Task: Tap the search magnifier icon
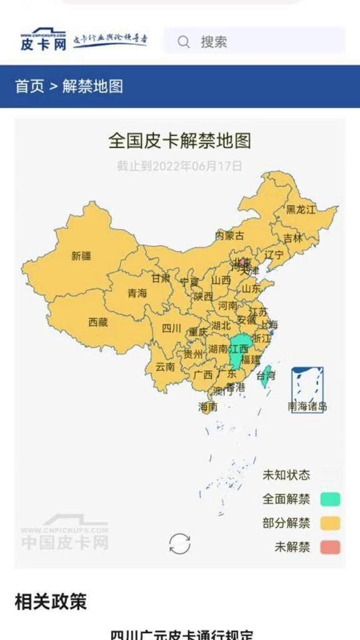pos(184,42)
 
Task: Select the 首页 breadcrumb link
pos(29,86)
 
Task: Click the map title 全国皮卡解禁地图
pos(179,141)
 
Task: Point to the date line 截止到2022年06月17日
pos(179,166)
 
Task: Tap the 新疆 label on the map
pos(81,256)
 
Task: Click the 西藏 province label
pos(97,322)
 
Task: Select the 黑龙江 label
pos(301,209)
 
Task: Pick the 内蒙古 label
pos(229,236)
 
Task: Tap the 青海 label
pos(137,293)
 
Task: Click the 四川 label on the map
pos(171,328)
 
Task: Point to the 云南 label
pos(165,367)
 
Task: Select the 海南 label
pos(207,407)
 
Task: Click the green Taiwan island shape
pos(265,376)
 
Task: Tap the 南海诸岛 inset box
pos(307,389)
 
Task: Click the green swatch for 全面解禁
pos(330,499)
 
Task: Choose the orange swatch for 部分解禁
pos(330,523)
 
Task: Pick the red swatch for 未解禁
pos(330,547)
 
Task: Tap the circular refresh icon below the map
pos(180,544)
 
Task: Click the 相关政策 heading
pos(51,602)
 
